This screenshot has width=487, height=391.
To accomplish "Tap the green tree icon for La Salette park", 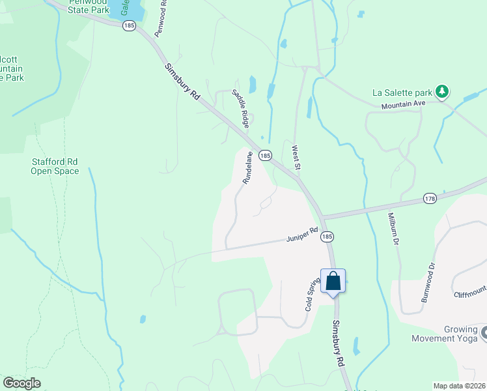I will [443, 91].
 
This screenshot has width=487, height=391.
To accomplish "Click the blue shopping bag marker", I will [333, 282].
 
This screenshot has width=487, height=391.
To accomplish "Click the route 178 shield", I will [430, 198].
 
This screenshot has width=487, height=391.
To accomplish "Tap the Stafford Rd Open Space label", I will [55, 166].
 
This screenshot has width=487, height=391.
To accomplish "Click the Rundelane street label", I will [248, 168].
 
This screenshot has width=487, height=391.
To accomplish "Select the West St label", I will [296, 158].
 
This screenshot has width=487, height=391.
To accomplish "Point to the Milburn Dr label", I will [393, 228].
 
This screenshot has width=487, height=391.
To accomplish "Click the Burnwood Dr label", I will [428, 281].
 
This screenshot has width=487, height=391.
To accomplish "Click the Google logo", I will [21, 383].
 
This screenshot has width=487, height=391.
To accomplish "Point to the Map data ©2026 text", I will [459, 386].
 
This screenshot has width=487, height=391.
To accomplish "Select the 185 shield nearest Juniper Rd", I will [327, 237].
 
